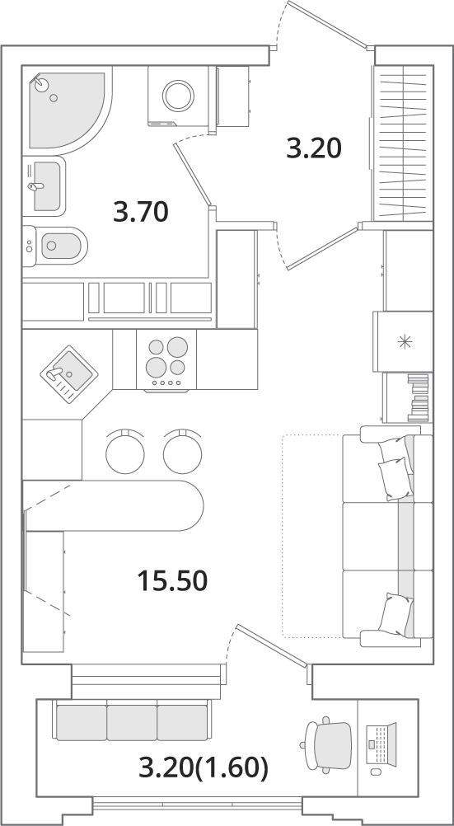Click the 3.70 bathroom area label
click(x=141, y=213)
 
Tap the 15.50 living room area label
click(x=172, y=581)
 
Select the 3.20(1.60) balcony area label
click(x=204, y=768)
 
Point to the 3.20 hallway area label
click(x=314, y=148)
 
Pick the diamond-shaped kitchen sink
click(x=69, y=374)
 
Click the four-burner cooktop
click(x=167, y=361)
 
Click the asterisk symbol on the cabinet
click(x=405, y=342)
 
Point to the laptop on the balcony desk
click(x=379, y=744)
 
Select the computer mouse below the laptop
click(x=376, y=772)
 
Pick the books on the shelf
click(x=419, y=397)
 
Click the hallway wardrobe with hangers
click(x=403, y=143)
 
